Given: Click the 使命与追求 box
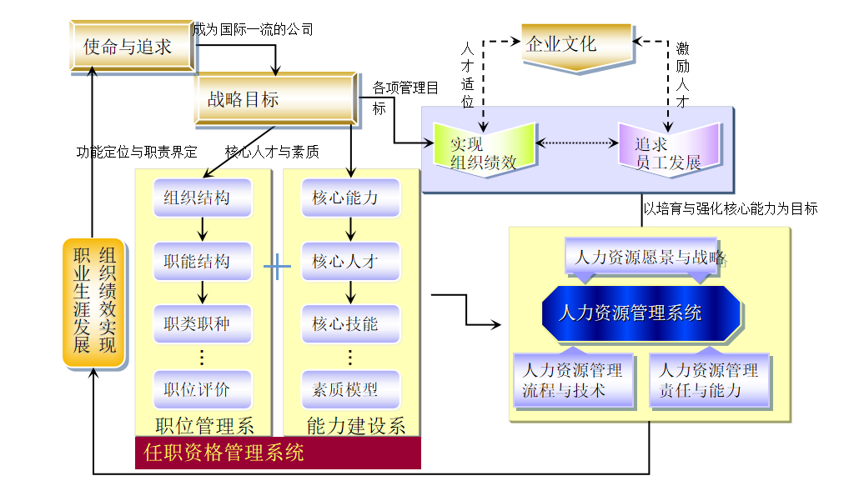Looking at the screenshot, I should click(x=132, y=46).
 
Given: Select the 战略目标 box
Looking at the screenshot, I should click(x=275, y=99).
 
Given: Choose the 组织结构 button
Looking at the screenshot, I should click(x=202, y=198).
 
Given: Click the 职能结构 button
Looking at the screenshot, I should click(x=202, y=262).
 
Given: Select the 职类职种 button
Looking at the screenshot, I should click(x=202, y=324).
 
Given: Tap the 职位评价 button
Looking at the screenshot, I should click(x=202, y=389).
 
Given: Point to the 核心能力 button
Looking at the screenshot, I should click(x=350, y=198).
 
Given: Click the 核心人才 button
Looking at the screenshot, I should click(x=350, y=262).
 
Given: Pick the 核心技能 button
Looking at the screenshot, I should click(x=350, y=324).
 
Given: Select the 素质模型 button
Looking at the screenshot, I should click(x=350, y=389).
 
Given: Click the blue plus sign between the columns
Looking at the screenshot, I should click(x=277, y=267).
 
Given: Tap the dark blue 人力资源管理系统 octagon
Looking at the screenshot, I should click(x=641, y=313).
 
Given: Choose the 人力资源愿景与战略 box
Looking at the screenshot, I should click(x=651, y=257).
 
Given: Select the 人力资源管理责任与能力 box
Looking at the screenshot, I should click(x=709, y=380).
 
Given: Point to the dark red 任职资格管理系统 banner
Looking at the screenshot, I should click(x=278, y=453).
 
